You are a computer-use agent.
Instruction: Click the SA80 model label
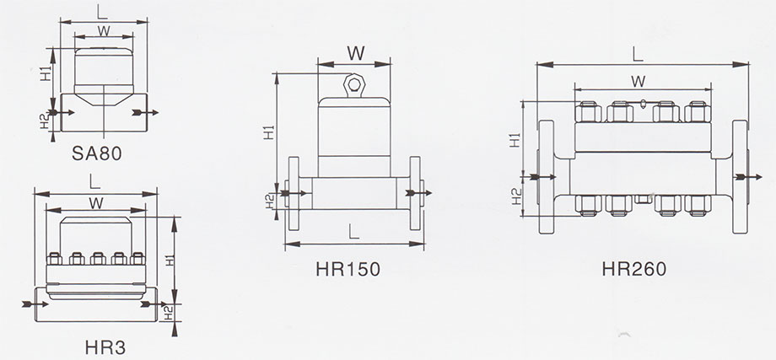coord(96,153)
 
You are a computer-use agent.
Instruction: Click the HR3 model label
coord(105,347)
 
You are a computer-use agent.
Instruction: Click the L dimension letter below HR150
coord(353,231)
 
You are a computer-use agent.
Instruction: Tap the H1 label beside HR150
coord(269,132)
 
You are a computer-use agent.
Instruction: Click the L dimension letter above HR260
coord(638,54)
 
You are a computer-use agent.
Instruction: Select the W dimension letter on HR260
coord(638,82)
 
